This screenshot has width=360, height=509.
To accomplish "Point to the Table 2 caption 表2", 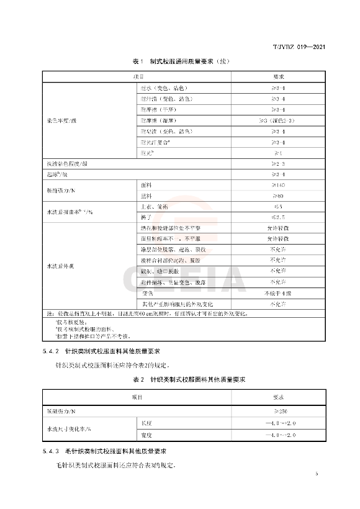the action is (137, 379).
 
